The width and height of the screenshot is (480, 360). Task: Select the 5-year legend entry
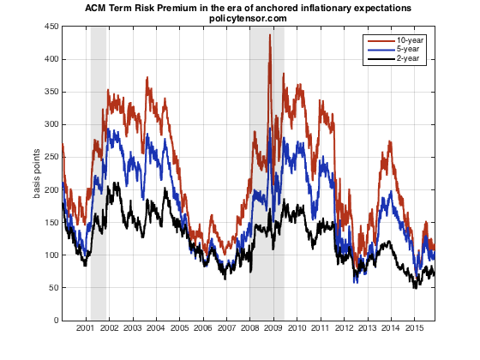(x=410, y=50)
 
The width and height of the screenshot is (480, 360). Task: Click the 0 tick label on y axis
(x=54, y=321)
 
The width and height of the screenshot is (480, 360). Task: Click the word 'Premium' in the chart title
(x=177, y=8)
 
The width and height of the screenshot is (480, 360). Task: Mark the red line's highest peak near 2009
(x=270, y=36)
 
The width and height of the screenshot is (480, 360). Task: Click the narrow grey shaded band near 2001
(x=98, y=171)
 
